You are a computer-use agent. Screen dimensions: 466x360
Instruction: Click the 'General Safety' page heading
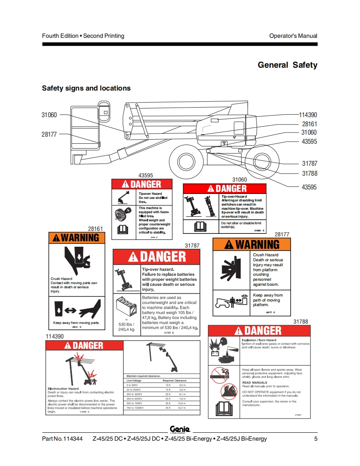click(287, 65)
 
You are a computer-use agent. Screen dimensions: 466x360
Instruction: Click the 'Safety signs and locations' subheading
click(86, 88)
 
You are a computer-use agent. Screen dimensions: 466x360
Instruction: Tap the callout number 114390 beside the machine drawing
click(308, 115)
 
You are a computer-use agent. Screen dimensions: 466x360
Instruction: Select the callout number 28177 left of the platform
click(49, 134)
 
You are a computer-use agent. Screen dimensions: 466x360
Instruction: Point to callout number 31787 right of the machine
click(309, 164)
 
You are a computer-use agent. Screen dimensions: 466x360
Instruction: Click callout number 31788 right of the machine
click(309, 174)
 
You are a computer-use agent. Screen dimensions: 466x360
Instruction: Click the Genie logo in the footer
click(180, 429)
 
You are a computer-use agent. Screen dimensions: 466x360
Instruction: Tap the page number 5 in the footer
click(316, 439)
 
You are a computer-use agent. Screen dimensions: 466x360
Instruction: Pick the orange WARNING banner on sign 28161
click(76, 238)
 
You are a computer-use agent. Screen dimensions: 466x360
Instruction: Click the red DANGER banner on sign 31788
click(259, 331)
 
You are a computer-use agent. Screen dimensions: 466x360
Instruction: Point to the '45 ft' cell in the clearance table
click(168, 408)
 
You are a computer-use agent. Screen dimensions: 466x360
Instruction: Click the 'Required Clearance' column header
click(175, 380)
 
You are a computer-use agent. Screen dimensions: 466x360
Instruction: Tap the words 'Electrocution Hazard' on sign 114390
click(63, 389)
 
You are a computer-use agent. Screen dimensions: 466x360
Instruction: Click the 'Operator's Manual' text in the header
click(293, 36)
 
